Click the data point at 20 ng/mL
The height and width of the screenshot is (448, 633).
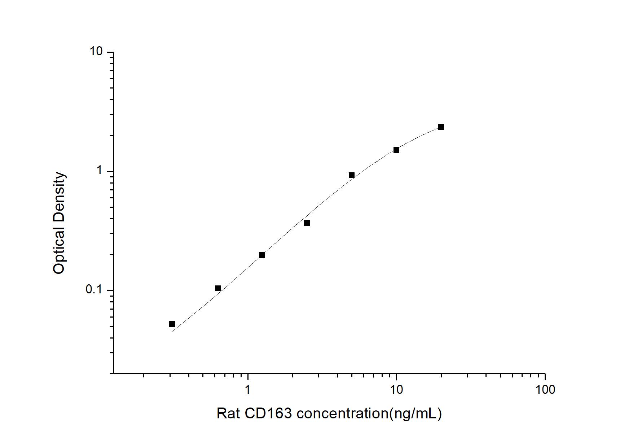pos(441,127)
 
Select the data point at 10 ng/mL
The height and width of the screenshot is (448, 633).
pos(396,150)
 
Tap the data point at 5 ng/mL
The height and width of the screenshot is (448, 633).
pos(351,175)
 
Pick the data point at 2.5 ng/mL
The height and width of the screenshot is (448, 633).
pos(307,223)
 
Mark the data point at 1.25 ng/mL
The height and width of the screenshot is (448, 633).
pos(262,255)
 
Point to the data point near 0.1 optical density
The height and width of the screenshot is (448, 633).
pos(217,288)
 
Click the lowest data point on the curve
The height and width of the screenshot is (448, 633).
pos(172,324)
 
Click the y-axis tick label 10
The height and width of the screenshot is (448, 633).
pos(96,52)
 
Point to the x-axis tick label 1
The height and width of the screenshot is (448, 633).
pos(247,389)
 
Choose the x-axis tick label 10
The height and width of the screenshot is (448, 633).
pos(396,389)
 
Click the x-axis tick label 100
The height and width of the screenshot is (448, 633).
pos(545,389)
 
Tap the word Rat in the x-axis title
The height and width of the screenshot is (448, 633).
pos(228,413)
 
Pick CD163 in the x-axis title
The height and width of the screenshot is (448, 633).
pos(268,413)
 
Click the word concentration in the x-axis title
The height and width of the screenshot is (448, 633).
pos(342,413)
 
